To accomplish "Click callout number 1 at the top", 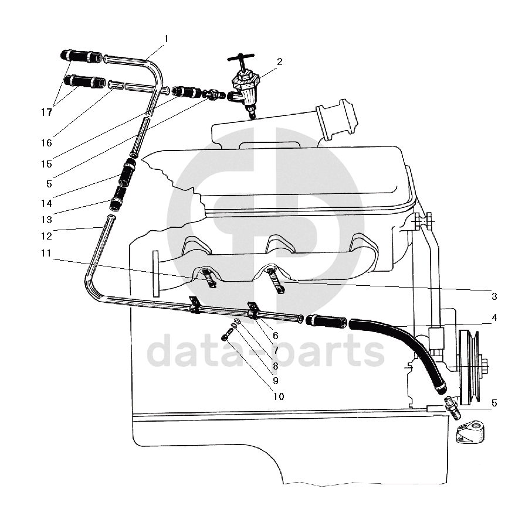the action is coord(166,39).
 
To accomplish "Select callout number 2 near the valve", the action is coord(280,61).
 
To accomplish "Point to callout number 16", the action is coord(47,143).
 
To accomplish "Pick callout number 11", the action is coord(46,254).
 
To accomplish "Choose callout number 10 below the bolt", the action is coord(278,396).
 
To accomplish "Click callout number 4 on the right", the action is coord(494,318).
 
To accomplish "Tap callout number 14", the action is coord(46,203).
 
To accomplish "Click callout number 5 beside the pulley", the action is coord(494,403).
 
